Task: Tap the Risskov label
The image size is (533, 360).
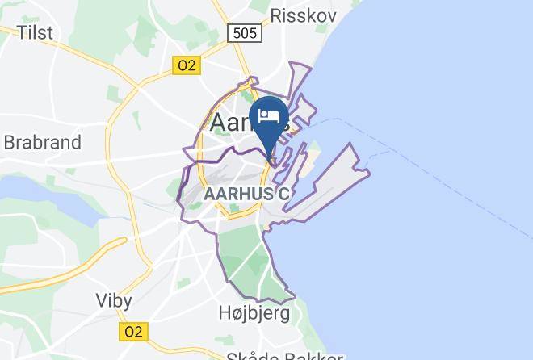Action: pyautogui.click(x=300, y=15)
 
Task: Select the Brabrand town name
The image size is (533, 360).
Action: pyautogui.click(x=42, y=143)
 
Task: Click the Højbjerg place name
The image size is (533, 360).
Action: pyautogui.click(x=254, y=313)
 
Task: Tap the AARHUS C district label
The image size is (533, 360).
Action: pyautogui.click(x=246, y=195)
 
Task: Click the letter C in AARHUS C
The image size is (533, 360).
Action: pyautogui.click(x=283, y=195)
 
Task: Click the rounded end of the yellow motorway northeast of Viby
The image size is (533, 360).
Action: pyautogui.click(x=124, y=241)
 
